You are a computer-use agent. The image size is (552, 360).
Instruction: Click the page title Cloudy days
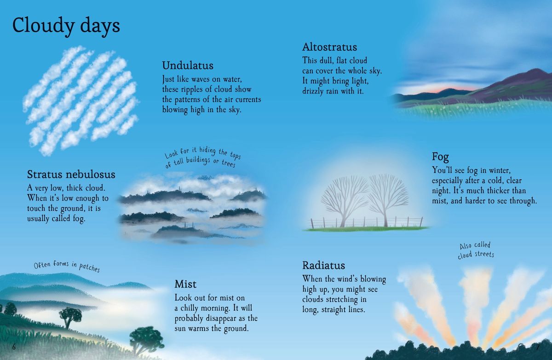tap(66, 26)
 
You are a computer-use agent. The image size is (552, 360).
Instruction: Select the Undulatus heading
tap(188, 65)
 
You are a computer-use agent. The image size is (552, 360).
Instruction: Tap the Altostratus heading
tap(329, 47)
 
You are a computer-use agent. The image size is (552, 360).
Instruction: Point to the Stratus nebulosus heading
tap(71, 174)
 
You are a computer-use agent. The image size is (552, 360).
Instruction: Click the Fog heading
tap(440, 157)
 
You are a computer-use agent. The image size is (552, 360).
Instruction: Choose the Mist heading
tap(185, 284)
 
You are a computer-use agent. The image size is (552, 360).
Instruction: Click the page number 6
tap(14, 347)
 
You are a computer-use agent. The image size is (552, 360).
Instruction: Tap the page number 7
tap(537, 347)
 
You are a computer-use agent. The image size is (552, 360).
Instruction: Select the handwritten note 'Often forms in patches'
tap(67, 267)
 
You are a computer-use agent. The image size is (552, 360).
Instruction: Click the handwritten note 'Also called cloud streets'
tap(476, 250)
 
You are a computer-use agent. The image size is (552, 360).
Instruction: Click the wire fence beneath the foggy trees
tap(366, 223)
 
